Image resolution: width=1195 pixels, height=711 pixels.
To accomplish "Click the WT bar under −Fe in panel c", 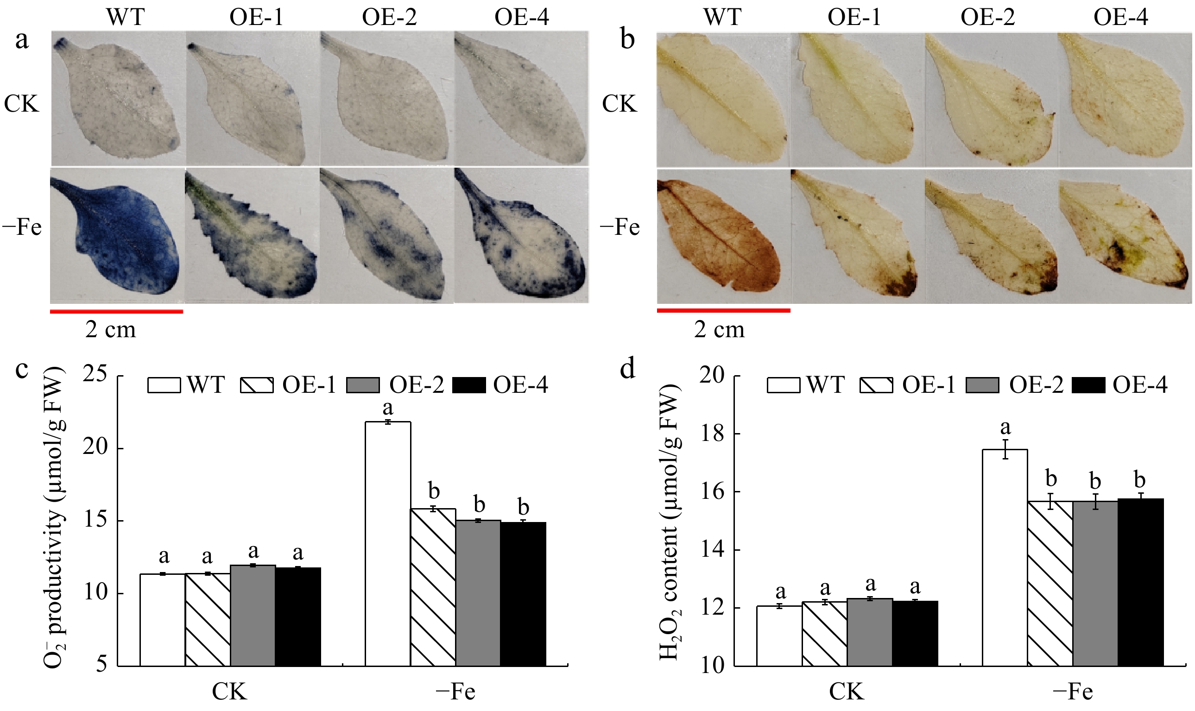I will tap(387, 544).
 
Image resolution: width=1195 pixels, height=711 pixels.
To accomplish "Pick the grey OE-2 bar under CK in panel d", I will tap(869, 632).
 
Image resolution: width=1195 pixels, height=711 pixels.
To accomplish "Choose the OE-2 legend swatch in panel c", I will tap(363, 385).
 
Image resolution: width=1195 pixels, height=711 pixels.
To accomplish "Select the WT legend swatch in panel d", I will tap(783, 385).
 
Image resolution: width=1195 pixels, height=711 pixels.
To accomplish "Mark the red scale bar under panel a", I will tap(116, 311).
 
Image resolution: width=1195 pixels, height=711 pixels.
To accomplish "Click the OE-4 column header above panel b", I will tap(1120, 18).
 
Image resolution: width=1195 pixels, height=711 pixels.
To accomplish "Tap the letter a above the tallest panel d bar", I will tap(1005, 427).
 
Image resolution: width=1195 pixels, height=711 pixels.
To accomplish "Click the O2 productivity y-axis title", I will tap(54, 517).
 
